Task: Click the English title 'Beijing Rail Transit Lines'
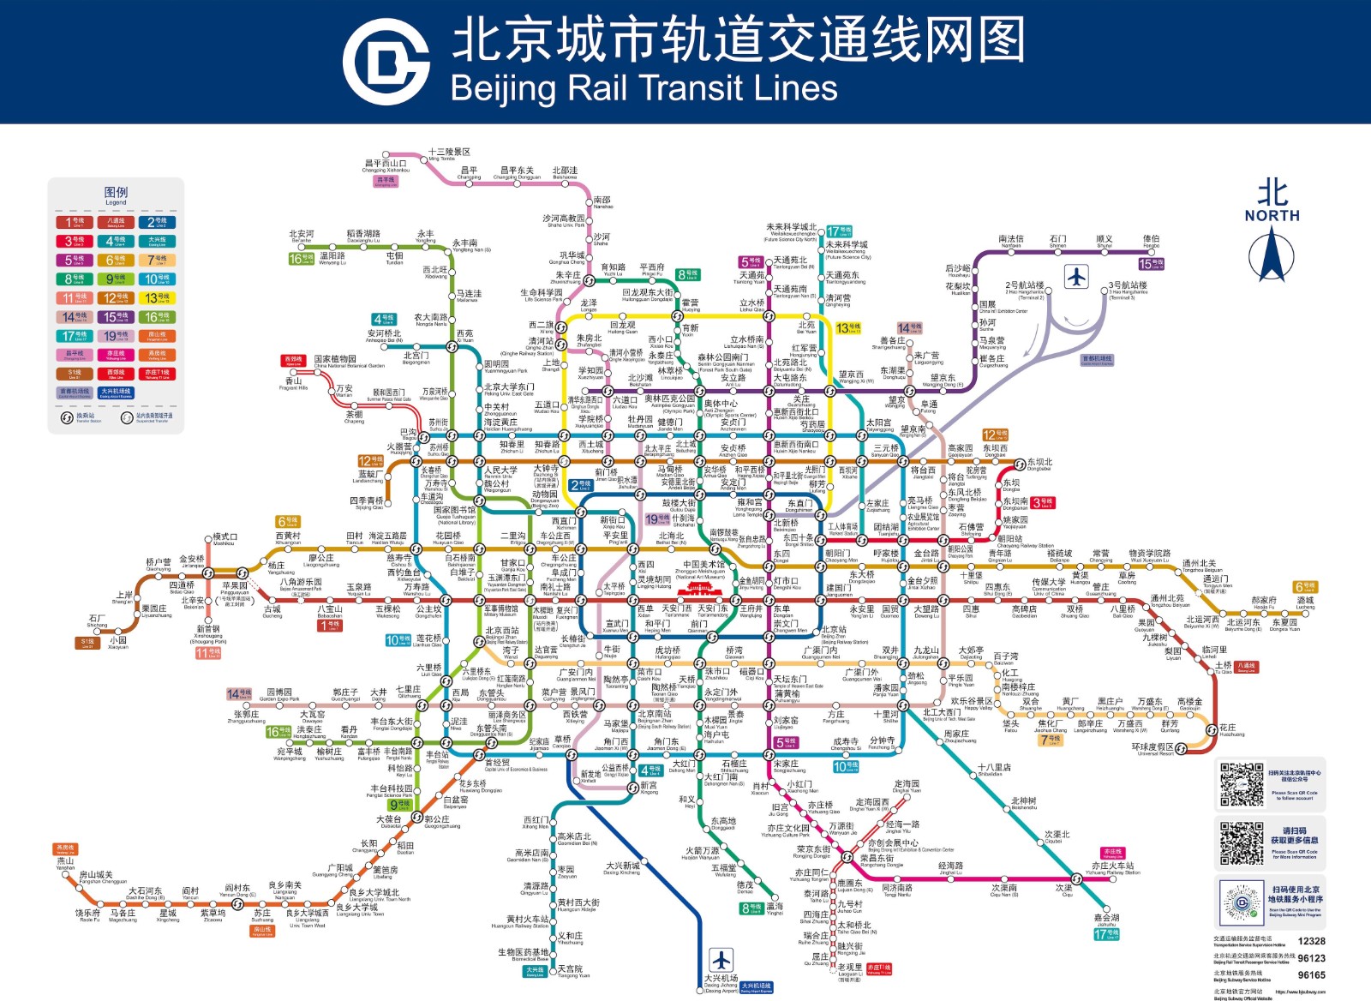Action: pyautogui.click(x=644, y=88)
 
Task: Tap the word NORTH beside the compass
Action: pyautogui.click(x=1272, y=216)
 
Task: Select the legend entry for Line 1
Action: pyautogui.click(x=75, y=222)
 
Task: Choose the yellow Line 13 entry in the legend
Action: pyautogui.click(x=157, y=297)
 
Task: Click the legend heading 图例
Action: pyautogui.click(x=116, y=193)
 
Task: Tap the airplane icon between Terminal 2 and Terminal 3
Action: pyautogui.click(x=1076, y=277)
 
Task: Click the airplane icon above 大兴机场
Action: pyautogui.click(x=721, y=959)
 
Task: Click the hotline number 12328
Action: pyautogui.click(x=1311, y=941)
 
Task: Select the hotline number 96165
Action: pyautogui.click(x=1311, y=974)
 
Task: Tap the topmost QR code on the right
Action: pyautogui.click(x=1241, y=783)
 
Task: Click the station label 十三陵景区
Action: pyautogui.click(x=449, y=152)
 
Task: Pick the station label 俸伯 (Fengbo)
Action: pyautogui.click(x=1151, y=239)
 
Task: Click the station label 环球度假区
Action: pyautogui.click(x=1152, y=746)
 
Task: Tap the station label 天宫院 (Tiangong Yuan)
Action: pyautogui.click(x=570, y=969)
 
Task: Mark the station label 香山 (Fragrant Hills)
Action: pyautogui.click(x=294, y=381)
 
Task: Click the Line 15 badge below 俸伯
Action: pyautogui.click(x=1151, y=263)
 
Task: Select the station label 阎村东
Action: pyautogui.click(x=237, y=889)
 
